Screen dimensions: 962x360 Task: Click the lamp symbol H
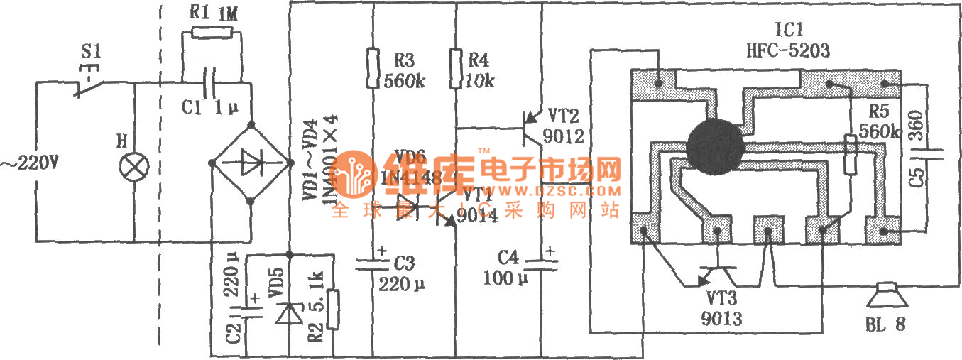134,166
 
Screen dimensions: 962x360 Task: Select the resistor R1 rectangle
211,33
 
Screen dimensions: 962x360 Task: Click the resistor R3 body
372,68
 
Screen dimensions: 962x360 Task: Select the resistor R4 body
455,68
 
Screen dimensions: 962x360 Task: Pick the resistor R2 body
332,311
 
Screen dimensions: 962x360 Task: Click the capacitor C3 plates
372,264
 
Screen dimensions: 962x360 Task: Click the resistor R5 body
850,155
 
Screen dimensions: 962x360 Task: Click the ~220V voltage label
29,165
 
